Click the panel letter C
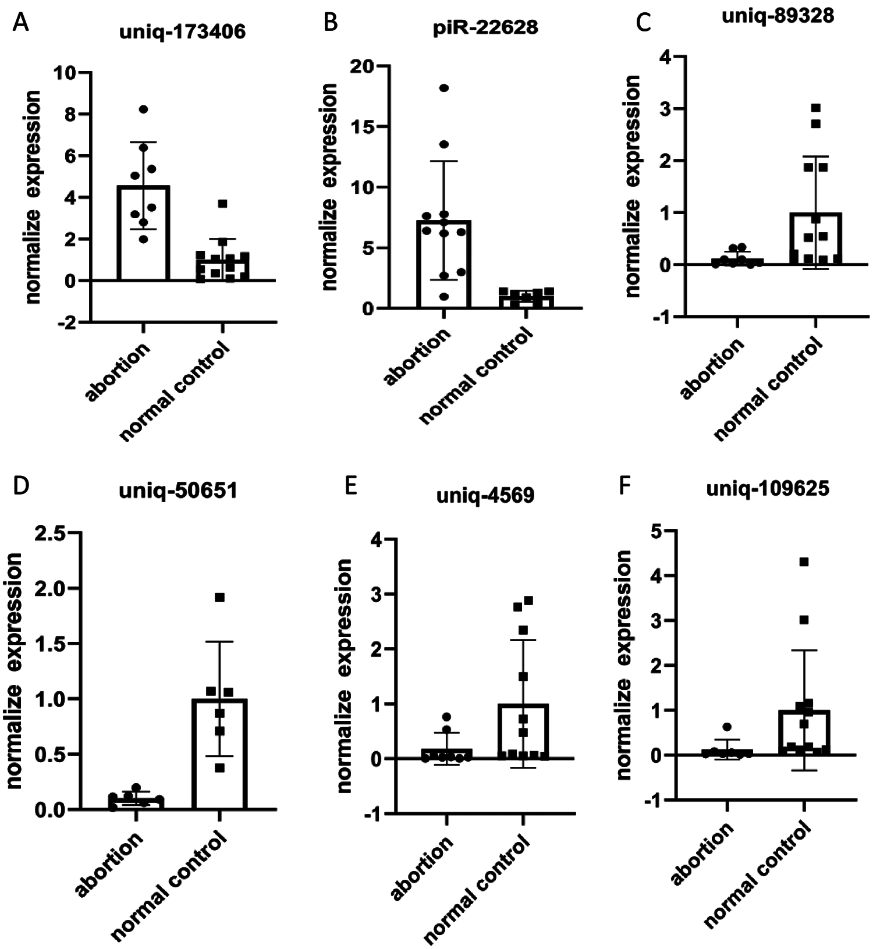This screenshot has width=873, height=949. click(x=644, y=23)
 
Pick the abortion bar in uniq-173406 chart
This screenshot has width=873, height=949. click(x=143, y=233)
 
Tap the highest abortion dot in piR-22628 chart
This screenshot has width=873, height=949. click(x=444, y=88)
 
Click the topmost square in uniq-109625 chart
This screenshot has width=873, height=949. click(x=804, y=561)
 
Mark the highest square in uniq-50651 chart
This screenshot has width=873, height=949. click(x=219, y=598)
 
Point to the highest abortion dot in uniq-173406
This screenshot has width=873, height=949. click(x=143, y=109)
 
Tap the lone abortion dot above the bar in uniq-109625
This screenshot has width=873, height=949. click(x=727, y=727)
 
